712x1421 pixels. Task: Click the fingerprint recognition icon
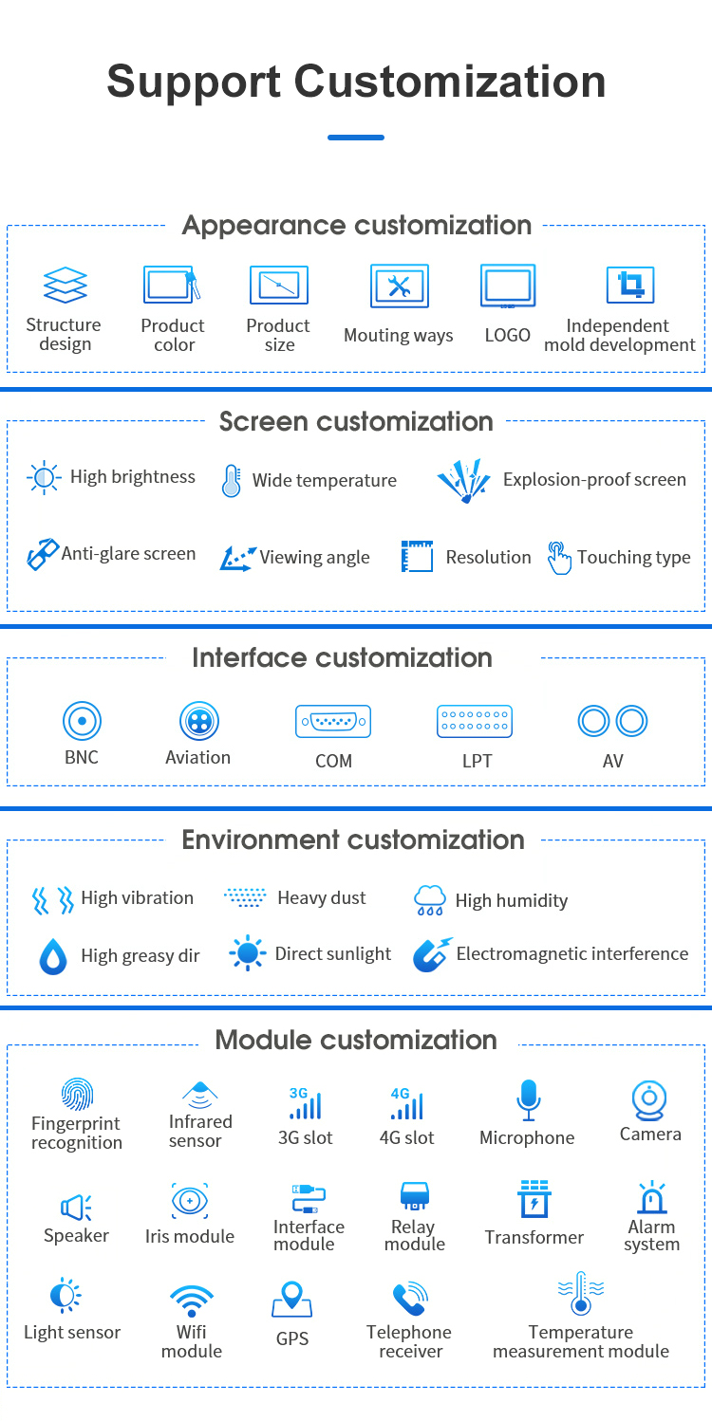[77, 1095]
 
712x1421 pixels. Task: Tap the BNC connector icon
[82, 721]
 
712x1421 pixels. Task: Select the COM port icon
[333, 722]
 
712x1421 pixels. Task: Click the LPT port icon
[475, 722]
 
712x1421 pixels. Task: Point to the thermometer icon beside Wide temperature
[231, 481]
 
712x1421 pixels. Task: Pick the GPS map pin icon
[291, 1300]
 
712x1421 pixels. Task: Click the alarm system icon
[651, 1198]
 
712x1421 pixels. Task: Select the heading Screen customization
[356, 422]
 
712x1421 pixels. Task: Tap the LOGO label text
[507, 336]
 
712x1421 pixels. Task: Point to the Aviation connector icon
[198, 722]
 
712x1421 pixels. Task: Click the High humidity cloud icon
[430, 900]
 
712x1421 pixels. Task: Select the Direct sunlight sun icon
[248, 953]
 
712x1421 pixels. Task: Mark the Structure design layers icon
[65, 286]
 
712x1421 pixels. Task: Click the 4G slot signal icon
[407, 1104]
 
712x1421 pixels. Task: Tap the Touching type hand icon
[559, 557]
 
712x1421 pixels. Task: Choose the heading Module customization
[356, 1040]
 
